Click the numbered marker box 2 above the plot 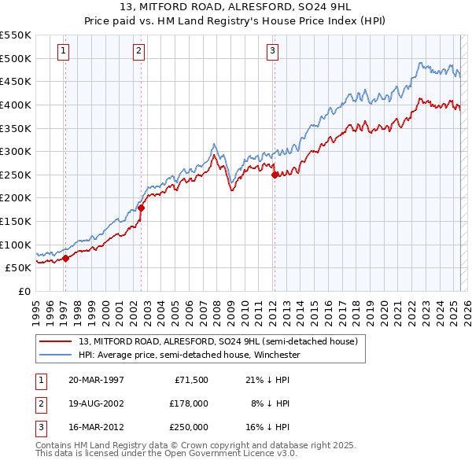coord(138,52)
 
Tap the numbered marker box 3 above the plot coord(272,52)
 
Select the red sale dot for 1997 coord(66,257)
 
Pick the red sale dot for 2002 coord(142,208)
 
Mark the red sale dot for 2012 coord(275,175)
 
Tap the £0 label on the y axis coord(24,291)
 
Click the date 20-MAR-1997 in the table coord(95,381)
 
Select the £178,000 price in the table coord(189,403)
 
